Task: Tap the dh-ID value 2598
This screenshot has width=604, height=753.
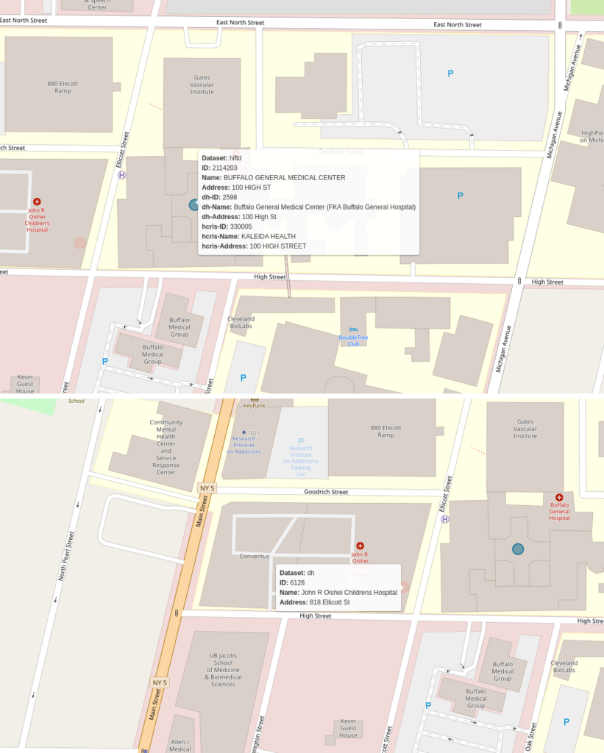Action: tap(230, 197)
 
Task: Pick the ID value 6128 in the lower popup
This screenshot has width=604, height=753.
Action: tap(297, 582)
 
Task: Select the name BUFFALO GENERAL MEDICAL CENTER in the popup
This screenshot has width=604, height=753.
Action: tap(284, 177)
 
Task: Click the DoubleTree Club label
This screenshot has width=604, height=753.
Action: tap(353, 340)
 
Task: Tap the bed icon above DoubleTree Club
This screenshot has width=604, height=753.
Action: tap(353, 329)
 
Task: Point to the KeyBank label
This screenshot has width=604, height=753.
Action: tap(254, 405)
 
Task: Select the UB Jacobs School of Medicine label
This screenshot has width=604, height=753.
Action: tap(223, 669)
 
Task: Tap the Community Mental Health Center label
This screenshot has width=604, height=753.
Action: tap(166, 447)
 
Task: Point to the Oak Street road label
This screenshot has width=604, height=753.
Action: tap(530, 738)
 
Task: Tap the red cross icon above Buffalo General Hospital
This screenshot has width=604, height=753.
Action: tap(559, 498)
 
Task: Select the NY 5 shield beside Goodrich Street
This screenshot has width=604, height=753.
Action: tap(207, 488)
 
